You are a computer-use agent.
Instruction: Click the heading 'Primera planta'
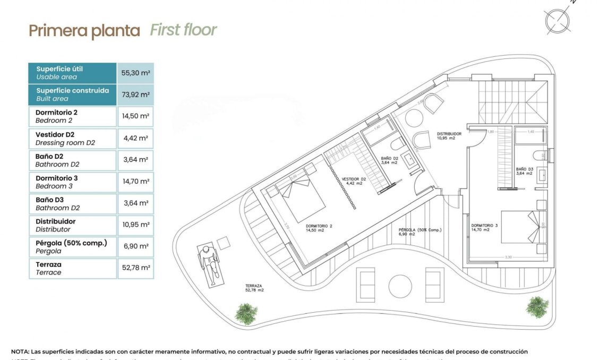(x=84, y=31)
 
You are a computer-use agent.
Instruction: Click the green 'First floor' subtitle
(x=183, y=30)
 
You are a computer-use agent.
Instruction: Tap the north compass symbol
(x=558, y=20)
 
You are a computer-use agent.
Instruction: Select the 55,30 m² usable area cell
(x=135, y=73)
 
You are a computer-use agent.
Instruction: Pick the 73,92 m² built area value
(x=135, y=95)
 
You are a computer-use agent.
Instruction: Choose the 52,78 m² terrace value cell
(x=135, y=268)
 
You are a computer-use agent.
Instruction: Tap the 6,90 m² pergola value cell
(x=135, y=246)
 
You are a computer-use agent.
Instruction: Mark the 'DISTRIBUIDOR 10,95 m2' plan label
(x=449, y=136)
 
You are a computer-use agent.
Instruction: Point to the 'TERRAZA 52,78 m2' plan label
(x=254, y=288)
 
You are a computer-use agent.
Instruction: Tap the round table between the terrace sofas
(x=401, y=286)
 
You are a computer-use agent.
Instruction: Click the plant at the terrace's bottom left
(x=246, y=313)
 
